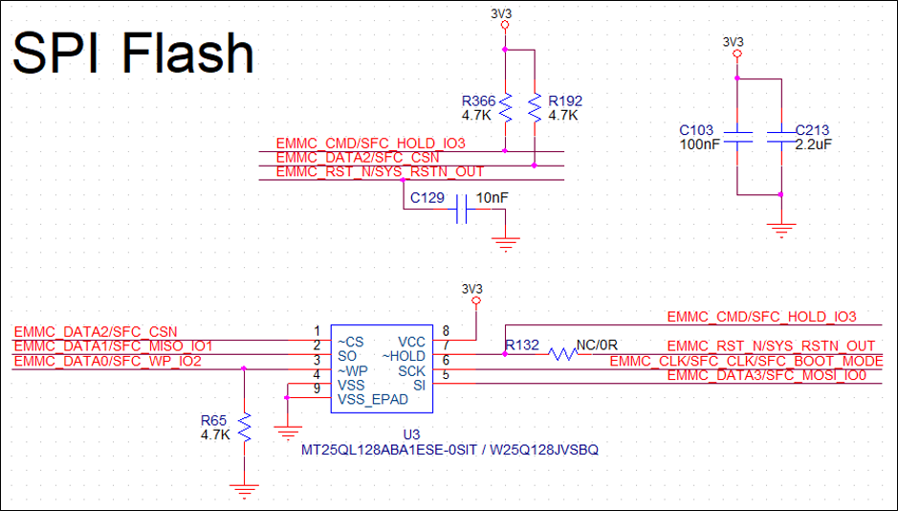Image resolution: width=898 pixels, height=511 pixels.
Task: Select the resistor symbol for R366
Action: [505, 107]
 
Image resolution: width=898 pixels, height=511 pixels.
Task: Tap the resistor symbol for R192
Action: [534, 107]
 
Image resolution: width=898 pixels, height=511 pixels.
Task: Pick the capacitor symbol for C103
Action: [737, 137]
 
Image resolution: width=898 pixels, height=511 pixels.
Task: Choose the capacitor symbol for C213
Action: [781, 137]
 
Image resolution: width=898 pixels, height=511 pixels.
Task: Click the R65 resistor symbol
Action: [245, 427]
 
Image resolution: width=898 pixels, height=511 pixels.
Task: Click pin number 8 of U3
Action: [446, 331]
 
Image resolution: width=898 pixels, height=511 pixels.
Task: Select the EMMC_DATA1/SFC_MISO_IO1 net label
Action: [114, 345]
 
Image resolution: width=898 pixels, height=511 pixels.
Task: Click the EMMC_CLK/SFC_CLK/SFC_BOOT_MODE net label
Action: [746, 361]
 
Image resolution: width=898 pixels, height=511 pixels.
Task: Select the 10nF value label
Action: [493, 197]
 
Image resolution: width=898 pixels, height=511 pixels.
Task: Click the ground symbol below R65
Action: [245, 492]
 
